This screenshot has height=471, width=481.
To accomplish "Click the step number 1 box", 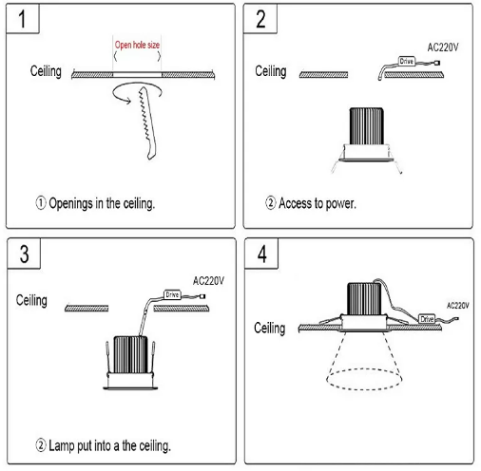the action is [23, 18].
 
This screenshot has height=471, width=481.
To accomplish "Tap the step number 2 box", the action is [260, 18].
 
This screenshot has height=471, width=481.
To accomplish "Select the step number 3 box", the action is [24, 254].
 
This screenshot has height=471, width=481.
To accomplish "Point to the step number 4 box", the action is [261, 254].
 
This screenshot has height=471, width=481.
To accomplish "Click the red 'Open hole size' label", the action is [137, 45].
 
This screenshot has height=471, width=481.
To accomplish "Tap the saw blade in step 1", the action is [147, 123].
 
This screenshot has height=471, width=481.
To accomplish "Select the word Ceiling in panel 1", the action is [46, 71].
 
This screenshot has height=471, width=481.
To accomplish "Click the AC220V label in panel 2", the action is [443, 47].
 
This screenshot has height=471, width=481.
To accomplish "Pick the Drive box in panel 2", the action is [407, 61].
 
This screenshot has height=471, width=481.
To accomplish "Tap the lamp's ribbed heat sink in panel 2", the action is [367, 126].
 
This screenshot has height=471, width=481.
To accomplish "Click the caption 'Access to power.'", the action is [311, 203].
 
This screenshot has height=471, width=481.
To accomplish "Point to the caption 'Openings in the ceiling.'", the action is [95, 203].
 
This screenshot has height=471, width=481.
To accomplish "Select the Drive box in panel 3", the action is [172, 294].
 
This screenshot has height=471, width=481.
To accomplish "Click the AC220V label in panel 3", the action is [208, 281].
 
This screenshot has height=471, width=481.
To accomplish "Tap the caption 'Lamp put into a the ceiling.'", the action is [103, 445].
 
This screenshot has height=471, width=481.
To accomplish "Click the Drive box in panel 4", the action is [427, 319].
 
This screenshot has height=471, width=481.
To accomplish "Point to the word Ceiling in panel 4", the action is [270, 328].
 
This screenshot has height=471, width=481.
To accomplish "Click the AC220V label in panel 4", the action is [458, 306].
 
